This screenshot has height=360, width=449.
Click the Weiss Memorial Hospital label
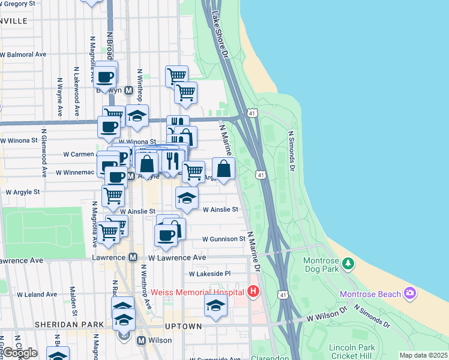click(197, 292)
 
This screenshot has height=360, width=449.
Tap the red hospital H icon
click(253, 292)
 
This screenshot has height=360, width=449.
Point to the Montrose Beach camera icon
click(411, 293)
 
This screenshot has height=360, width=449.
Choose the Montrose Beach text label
click(370, 294)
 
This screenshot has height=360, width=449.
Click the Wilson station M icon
click(142, 340)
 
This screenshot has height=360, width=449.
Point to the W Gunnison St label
click(224, 239)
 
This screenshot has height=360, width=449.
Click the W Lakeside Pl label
click(209, 274)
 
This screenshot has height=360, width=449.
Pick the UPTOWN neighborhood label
click(184, 326)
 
